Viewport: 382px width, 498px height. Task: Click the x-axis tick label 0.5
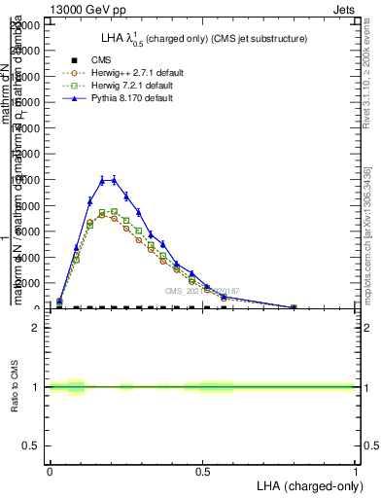[203, 471]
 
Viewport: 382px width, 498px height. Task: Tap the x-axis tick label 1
[356, 471]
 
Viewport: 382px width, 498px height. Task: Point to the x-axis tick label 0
[50, 471]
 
